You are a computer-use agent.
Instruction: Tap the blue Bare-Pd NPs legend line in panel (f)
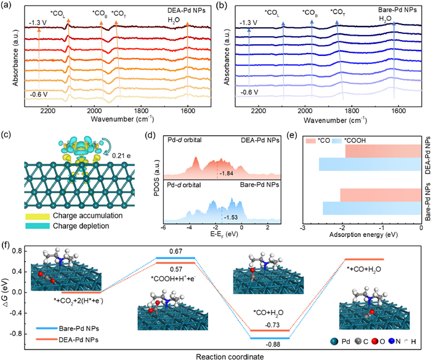[x=49, y=323]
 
